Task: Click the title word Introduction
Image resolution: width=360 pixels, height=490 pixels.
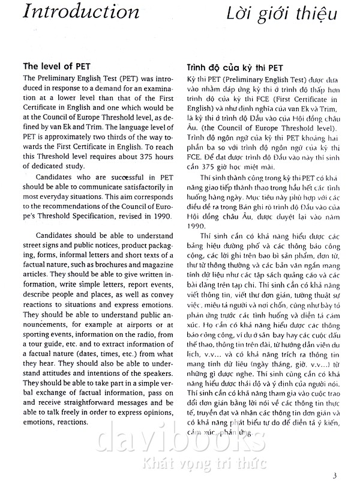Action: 80,12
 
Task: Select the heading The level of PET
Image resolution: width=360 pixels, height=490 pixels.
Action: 56,66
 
